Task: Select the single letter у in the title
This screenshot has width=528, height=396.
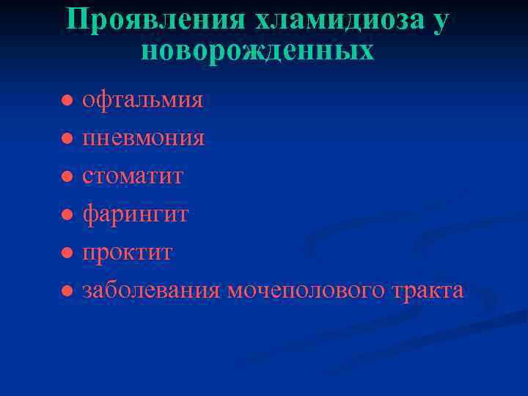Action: [439, 21]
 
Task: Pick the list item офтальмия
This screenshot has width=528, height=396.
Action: [142, 100]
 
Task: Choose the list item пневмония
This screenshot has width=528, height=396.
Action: [143, 138]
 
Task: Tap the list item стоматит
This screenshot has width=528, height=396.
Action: [133, 176]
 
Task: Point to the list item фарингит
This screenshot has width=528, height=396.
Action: [135, 214]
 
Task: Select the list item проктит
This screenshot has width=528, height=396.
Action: [127, 252]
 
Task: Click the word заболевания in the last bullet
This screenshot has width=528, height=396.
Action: [151, 290]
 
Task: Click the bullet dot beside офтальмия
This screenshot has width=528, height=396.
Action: [66, 100]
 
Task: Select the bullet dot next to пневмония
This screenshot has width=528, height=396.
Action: [66, 138]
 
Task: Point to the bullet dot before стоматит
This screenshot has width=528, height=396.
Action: [66, 176]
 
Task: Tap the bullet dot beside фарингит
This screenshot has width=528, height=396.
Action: [66, 214]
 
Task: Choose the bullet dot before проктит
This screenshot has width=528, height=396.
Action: [66, 253]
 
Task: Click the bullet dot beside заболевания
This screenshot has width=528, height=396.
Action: [66, 291]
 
